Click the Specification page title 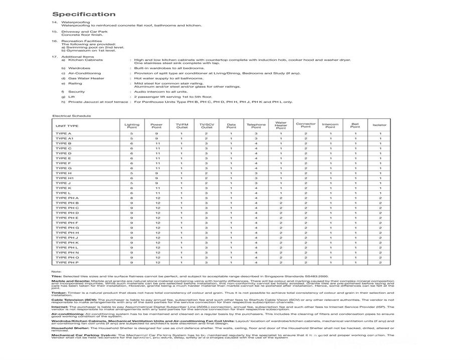84,14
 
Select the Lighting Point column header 132,125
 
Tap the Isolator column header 380,125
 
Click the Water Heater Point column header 281,125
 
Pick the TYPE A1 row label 65,138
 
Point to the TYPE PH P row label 67,262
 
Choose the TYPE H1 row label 65,178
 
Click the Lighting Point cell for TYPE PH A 132,198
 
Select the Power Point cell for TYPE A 156,134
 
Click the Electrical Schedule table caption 72,116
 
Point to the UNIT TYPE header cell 67,125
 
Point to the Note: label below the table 56,271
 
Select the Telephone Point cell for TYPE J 256,183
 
